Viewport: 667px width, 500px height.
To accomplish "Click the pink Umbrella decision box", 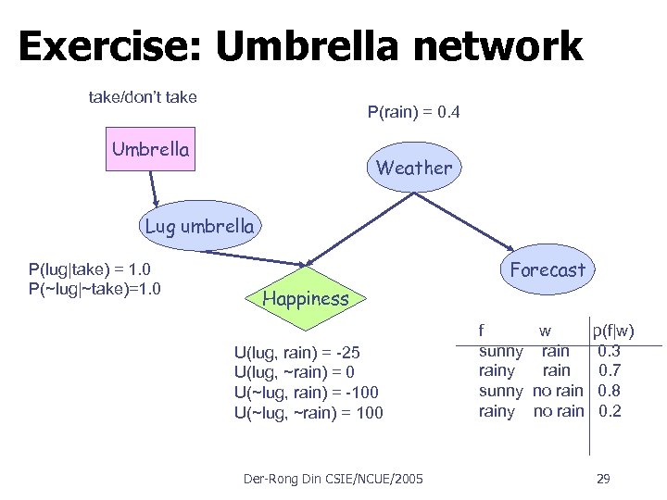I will (x=151, y=149).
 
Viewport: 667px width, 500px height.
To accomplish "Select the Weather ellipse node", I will (x=414, y=168).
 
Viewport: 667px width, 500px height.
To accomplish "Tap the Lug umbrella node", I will (x=198, y=225).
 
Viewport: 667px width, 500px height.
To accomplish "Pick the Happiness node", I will (x=306, y=297).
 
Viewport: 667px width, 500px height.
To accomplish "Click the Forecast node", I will (x=547, y=269).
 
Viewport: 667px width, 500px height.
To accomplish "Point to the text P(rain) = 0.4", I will (x=413, y=114).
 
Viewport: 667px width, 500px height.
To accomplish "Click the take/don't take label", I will (x=142, y=96).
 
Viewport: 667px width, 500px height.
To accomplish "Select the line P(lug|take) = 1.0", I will (x=89, y=269).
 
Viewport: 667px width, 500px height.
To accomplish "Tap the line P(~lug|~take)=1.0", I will (x=95, y=287).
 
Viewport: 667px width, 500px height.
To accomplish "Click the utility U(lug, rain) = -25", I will (x=297, y=353).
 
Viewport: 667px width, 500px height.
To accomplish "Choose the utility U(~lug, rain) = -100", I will (x=307, y=393).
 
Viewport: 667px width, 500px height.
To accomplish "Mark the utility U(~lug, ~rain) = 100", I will (x=308, y=412).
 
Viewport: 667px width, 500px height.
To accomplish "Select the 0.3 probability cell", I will (x=609, y=351).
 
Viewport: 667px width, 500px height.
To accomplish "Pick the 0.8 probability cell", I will (x=609, y=391).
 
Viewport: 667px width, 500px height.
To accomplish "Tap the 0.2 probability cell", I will (x=609, y=410).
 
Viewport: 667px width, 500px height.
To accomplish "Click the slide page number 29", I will (x=602, y=479).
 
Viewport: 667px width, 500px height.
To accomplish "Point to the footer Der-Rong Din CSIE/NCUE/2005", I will (x=333, y=479).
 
